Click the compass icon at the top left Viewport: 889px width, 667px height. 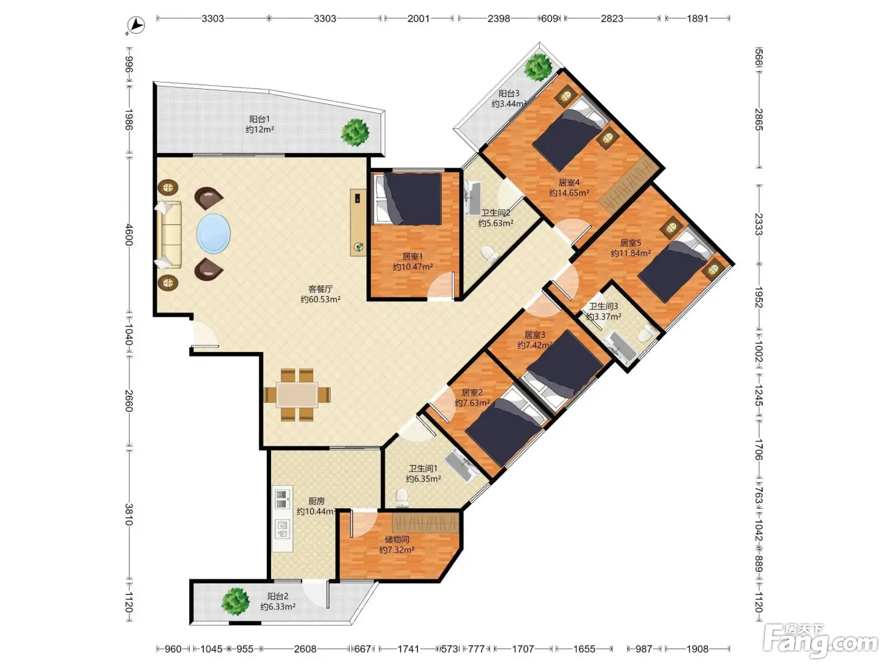[136, 25]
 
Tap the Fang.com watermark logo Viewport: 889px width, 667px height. [820, 642]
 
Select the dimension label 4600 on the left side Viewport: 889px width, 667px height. [128, 234]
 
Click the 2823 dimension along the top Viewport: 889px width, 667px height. [612, 18]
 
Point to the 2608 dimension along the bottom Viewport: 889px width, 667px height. [305, 649]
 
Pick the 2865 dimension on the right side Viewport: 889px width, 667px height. [759, 119]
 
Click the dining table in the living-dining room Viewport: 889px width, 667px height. [297, 394]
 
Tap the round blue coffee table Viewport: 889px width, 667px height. [213, 234]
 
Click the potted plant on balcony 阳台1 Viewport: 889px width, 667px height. [355, 132]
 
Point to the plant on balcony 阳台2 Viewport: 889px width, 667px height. [236, 602]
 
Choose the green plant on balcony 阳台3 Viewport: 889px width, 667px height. [538, 67]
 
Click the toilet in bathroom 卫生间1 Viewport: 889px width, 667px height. [401, 498]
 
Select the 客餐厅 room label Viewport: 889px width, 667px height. [321, 289]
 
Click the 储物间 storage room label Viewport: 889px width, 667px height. [396, 539]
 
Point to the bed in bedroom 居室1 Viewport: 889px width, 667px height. [407, 198]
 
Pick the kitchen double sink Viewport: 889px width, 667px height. [283, 499]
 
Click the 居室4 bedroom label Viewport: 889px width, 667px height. [568, 183]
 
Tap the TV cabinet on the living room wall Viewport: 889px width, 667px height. [358, 223]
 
